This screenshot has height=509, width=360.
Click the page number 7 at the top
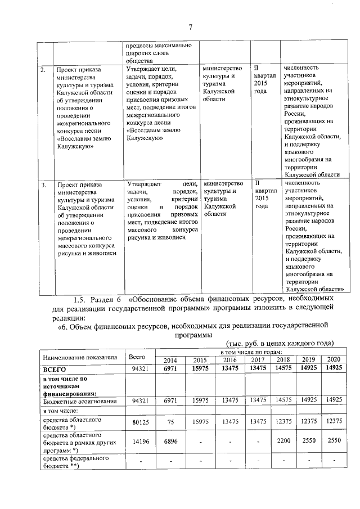point(190,27)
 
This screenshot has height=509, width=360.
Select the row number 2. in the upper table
point(43,70)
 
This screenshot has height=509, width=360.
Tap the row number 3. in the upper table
point(43,184)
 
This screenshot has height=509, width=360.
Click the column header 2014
point(169,360)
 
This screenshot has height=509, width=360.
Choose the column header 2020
point(335,360)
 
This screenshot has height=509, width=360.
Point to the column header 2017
point(258,360)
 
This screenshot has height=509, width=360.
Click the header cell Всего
point(137,356)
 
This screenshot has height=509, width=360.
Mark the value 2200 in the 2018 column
point(284,443)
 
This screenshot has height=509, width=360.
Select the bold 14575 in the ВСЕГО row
point(284,369)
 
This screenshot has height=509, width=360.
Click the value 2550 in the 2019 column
point(310,443)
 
